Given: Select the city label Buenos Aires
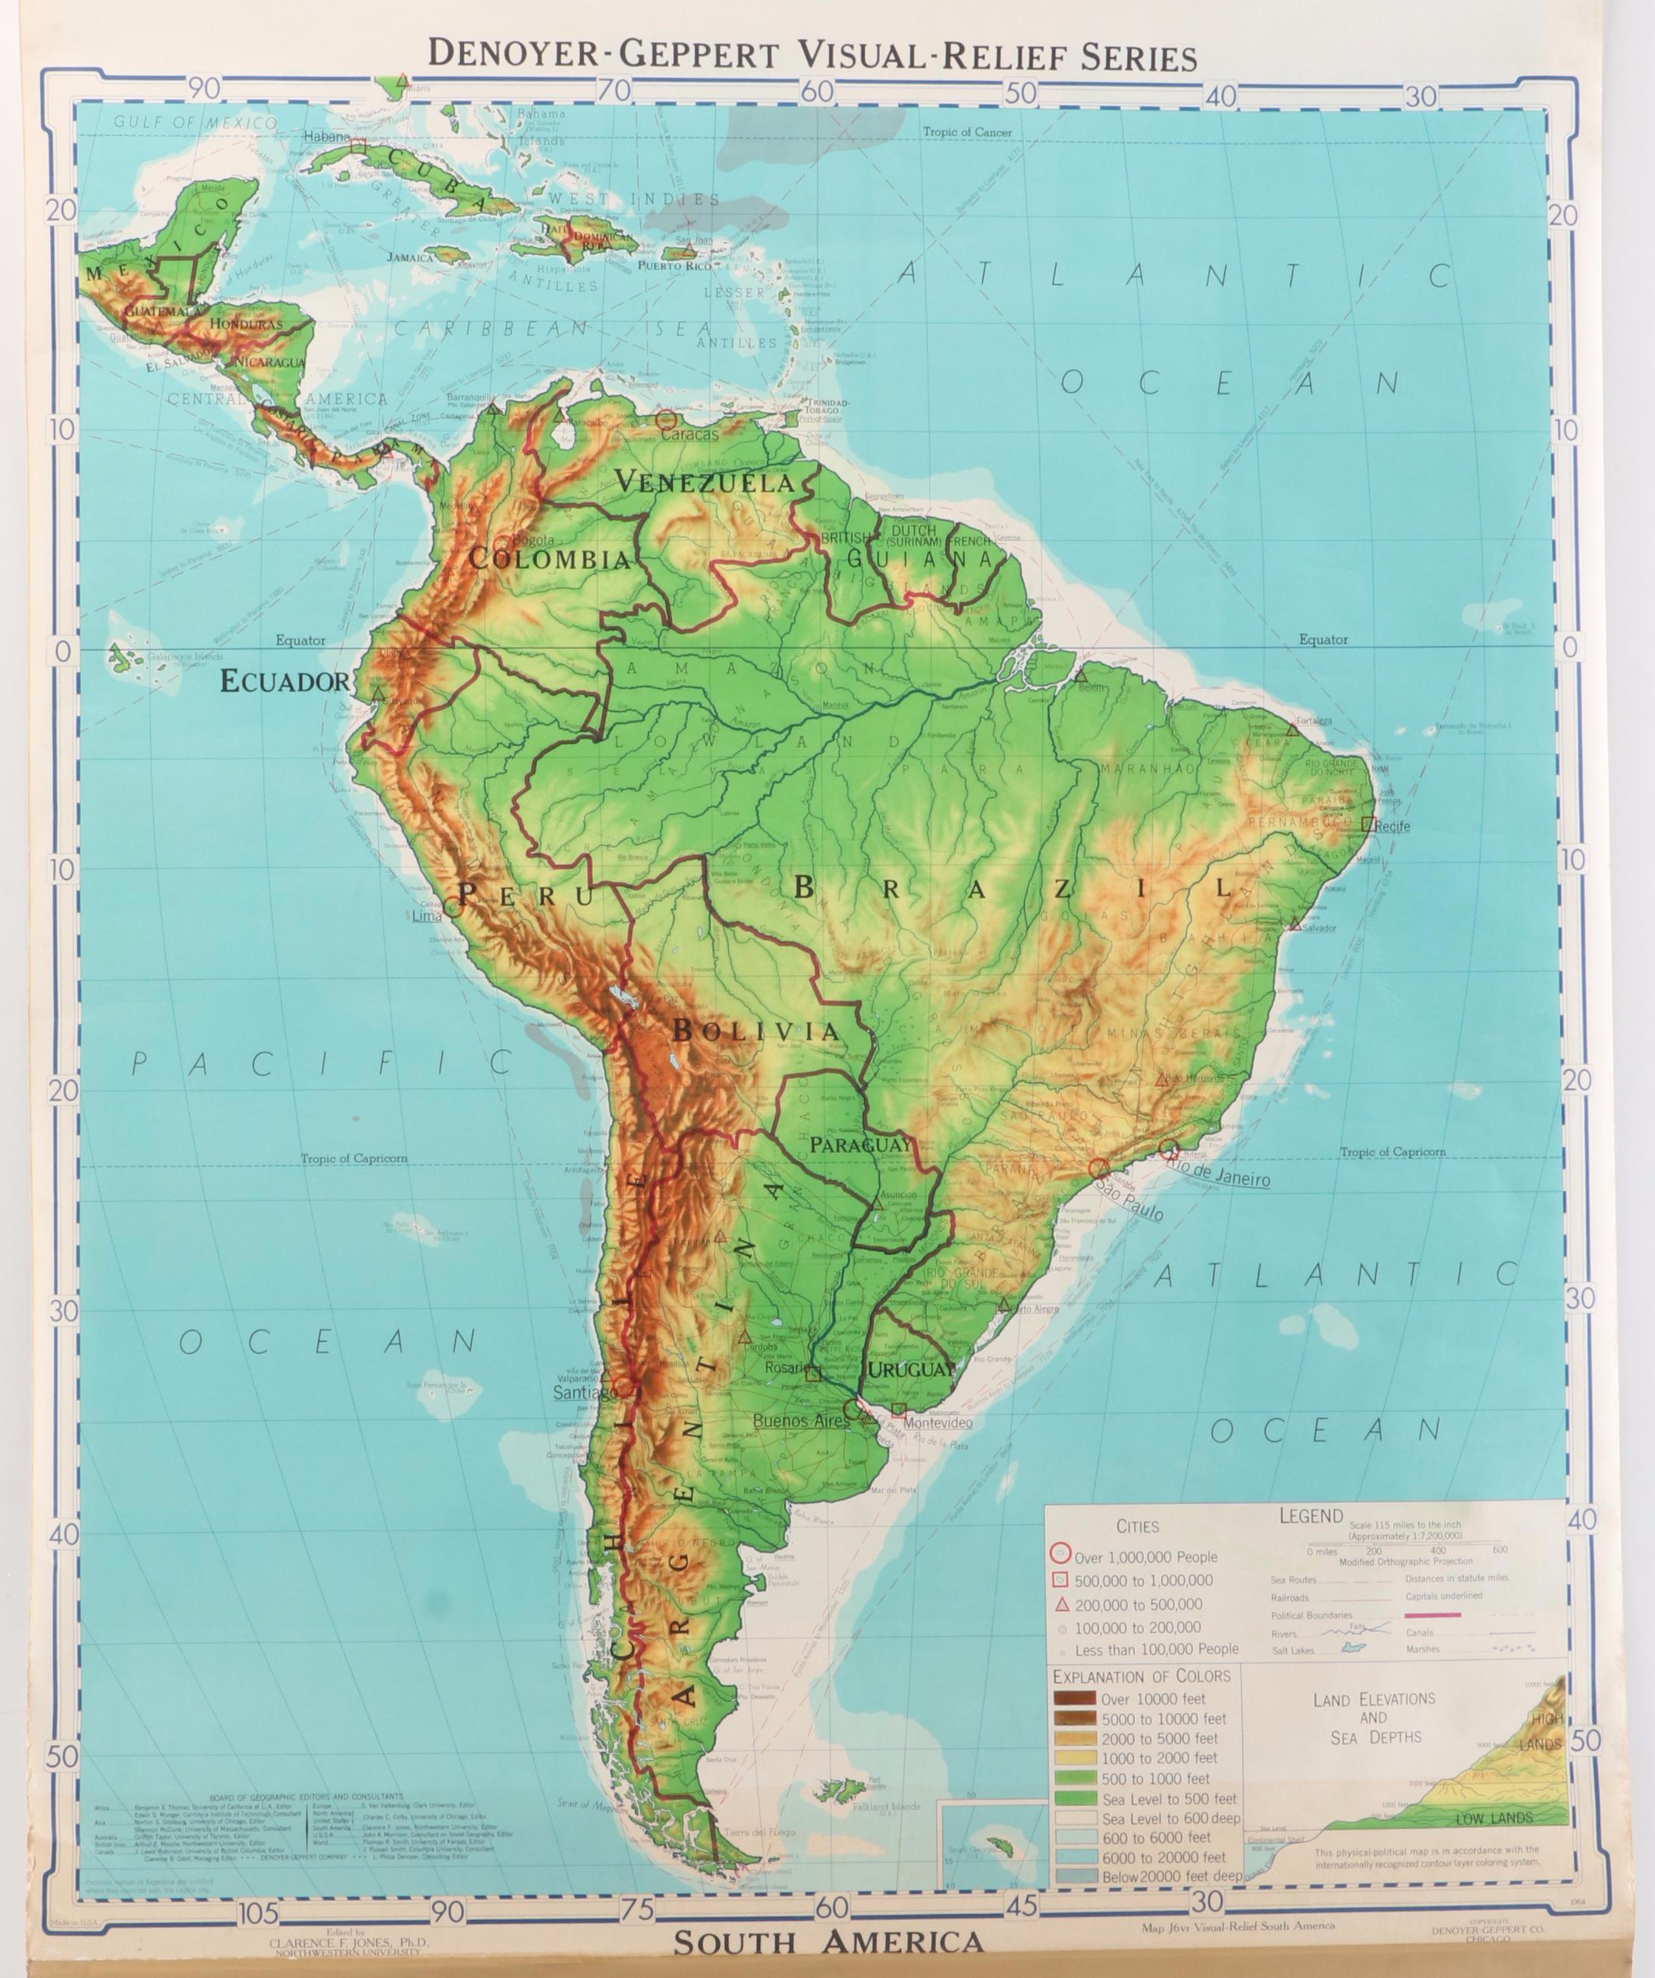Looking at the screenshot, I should (800, 1420).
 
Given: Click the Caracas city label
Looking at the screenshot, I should (690, 434).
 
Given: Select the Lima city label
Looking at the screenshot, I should (428, 914).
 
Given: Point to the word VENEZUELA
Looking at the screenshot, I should (704, 482).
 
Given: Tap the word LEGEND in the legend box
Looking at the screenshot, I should (1311, 1517).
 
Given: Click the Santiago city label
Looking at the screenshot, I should (584, 1391).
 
